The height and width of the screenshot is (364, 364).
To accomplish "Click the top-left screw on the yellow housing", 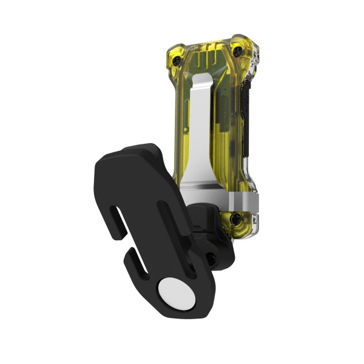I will coord(177,60).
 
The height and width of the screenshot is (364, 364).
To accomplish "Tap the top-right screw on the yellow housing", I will coord(238,49).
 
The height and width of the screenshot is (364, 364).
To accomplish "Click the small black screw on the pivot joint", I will coord(210,259).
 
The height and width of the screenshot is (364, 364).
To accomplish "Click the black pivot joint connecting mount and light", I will coord(209,231).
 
